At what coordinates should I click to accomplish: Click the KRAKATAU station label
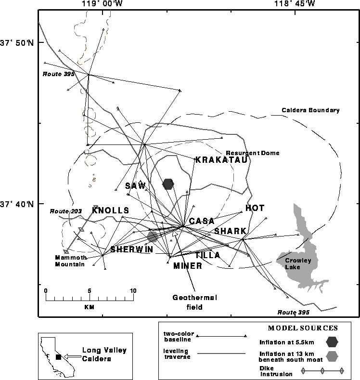tap(221, 160)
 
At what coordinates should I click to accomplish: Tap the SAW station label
tap(135, 186)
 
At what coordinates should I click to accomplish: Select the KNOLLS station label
tap(111, 210)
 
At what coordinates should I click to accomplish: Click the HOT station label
tap(255, 208)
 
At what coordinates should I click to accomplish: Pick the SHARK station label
tap(230, 231)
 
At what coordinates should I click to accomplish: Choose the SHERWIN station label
tap(131, 249)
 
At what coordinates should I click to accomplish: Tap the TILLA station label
tap(208, 255)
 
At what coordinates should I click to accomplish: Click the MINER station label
tap(187, 266)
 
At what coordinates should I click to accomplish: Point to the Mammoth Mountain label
tap(70, 261)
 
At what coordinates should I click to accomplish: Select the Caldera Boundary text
tap(310, 110)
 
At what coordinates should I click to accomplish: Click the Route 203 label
tap(65, 211)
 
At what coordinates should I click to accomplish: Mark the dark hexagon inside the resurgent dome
tap(168, 184)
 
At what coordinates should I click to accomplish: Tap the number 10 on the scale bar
tap(133, 291)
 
